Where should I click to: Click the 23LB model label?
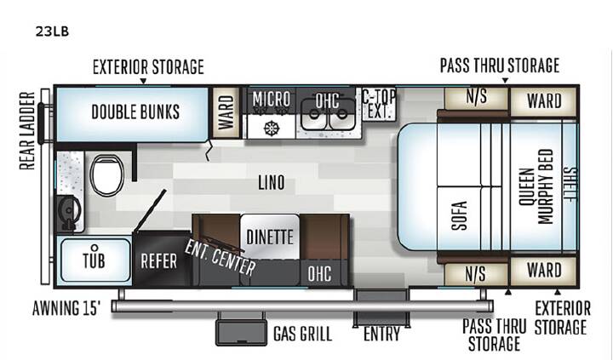click(x=52, y=31)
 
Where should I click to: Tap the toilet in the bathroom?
click(x=106, y=175)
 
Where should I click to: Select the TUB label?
click(x=94, y=260)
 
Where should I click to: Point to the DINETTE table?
click(x=270, y=237)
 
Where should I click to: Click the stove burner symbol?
click(x=272, y=128)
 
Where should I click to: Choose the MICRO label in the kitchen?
click(x=272, y=100)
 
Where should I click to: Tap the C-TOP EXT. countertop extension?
click(x=379, y=104)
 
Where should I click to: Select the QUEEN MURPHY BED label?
click(x=536, y=187)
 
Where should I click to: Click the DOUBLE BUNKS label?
click(x=135, y=112)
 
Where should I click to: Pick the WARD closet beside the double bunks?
click(x=226, y=112)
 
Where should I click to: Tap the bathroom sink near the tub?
click(x=69, y=212)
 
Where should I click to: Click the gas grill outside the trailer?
click(x=241, y=332)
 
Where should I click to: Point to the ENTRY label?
click(x=381, y=334)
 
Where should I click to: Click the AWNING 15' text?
click(x=66, y=308)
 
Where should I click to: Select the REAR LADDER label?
click(x=27, y=131)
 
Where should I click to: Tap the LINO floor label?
click(x=271, y=182)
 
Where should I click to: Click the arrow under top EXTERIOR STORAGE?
click(x=144, y=81)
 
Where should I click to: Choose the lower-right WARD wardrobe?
click(x=544, y=271)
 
